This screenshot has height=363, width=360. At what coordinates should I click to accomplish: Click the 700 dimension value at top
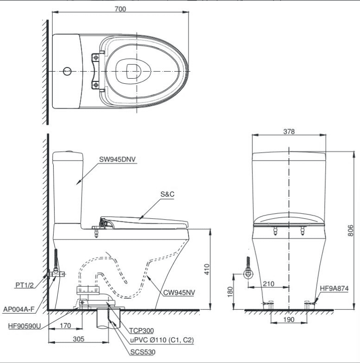point(120,9)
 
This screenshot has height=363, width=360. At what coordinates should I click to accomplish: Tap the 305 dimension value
point(78,339)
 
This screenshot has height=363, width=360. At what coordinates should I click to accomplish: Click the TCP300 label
point(141,331)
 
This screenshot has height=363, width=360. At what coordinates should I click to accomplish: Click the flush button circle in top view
point(67,72)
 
